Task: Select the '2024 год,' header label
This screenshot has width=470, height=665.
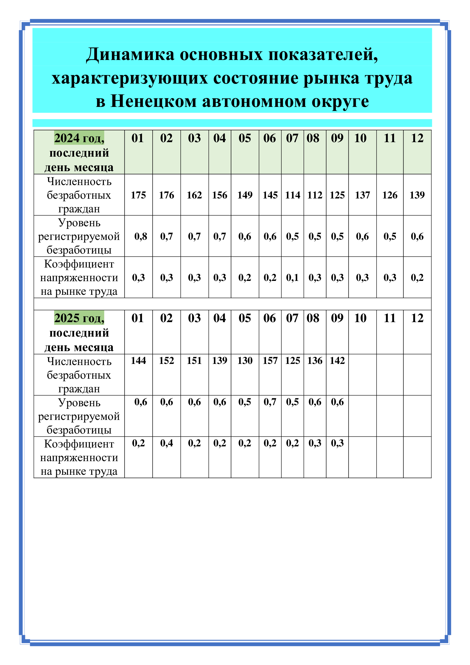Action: tap(79, 138)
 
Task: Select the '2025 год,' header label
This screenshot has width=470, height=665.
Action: tap(79, 318)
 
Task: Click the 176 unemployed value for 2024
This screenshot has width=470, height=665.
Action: tap(167, 195)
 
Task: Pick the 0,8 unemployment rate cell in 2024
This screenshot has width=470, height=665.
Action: tap(141, 236)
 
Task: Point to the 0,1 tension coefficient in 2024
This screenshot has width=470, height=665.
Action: tap(292, 277)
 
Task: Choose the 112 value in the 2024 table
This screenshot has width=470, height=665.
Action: tap(315, 195)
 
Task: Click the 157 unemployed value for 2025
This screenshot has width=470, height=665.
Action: tap(270, 361)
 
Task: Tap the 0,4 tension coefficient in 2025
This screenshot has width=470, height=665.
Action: tap(167, 443)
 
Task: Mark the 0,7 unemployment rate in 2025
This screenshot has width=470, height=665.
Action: tap(270, 402)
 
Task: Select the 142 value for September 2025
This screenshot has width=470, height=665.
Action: tap(337, 361)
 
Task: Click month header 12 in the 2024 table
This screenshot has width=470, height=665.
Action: tap(417, 138)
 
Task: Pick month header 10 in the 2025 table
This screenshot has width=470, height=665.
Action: tap(360, 318)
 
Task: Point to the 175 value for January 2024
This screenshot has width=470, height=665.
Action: tap(138, 195)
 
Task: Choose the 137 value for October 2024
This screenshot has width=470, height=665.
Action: tap(362, 195)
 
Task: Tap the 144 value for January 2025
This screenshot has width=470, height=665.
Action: tap(138, 361)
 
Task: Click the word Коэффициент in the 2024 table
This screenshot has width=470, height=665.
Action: tap(79, 264)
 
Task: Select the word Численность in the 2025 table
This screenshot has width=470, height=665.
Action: tap(79, 361)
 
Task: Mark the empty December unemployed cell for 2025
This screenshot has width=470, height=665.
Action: tap(417, 374)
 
